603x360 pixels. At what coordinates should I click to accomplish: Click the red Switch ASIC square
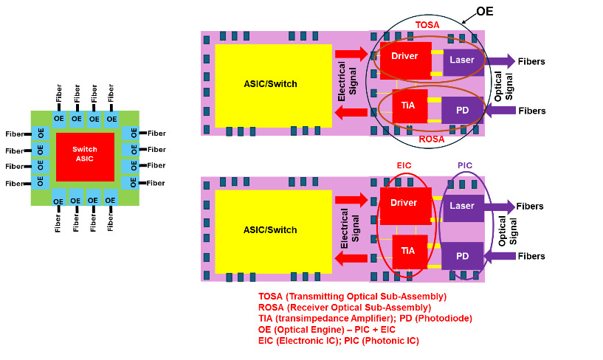tap(85, 156)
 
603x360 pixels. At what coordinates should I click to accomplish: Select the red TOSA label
tap(427, 25)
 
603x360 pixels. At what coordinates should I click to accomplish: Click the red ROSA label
tap(430, 138)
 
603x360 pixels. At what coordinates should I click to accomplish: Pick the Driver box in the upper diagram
tap(404, 56)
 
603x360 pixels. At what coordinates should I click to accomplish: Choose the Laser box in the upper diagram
tap(463, 59)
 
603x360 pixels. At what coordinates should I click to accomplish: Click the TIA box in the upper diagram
tap(407, 105)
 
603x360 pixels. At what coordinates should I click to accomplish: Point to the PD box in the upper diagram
tap(462, 110)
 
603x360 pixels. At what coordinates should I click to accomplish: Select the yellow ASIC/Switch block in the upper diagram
tap(272, 83)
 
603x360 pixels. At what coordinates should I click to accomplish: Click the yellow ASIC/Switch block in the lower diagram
tap(272, 229)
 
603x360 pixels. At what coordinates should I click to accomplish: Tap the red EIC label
tap(404, 167)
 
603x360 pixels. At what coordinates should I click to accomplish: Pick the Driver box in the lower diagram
tap(404, 204)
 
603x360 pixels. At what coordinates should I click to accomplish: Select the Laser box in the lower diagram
tap(462, 207)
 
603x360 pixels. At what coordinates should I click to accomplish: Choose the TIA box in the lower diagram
tap(407, 251)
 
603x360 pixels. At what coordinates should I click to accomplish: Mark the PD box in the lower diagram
tap(462, 256)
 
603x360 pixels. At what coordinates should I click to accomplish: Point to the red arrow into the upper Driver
tap(351, 53)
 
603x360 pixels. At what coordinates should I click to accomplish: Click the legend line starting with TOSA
tap(352, 297)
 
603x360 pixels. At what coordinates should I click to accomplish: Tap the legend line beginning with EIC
tap(338, 341)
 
